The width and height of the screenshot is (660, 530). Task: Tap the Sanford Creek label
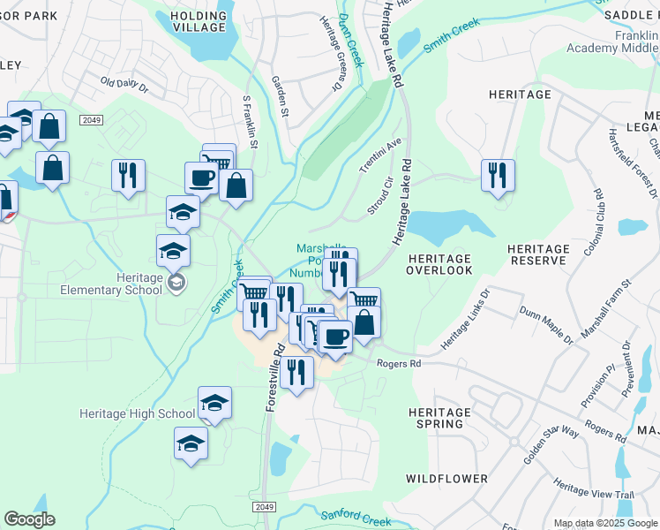click(355, 517)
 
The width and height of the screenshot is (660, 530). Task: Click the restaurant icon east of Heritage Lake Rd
click(499, 175)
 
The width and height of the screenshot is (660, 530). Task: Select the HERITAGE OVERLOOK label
click(439, 263)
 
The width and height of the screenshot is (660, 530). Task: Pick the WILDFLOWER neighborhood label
click(446, 478)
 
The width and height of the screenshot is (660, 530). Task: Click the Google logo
click(29, 519)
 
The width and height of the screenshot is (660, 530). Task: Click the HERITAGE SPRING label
click(439, 418)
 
